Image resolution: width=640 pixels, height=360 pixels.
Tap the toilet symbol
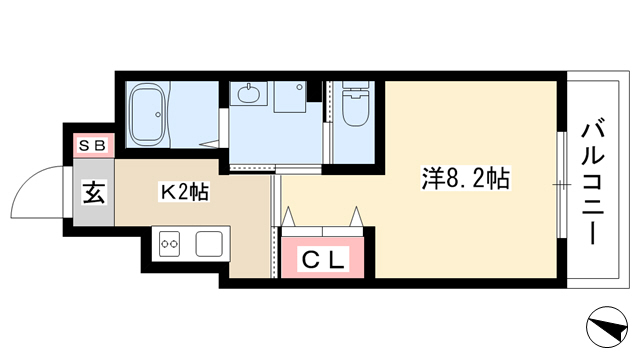click(x=356, y=104)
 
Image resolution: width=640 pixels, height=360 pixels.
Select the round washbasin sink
click(x=249, y=95)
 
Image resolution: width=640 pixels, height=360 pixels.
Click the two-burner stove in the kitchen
click(x=169, y=244)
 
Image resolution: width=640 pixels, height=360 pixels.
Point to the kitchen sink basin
click(x=209, y=244)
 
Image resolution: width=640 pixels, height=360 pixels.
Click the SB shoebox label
click(x=93, y=145)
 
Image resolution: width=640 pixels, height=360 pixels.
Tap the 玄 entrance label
click(x=94, y=192)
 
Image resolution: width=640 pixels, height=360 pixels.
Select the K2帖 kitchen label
click(x=184, y=192)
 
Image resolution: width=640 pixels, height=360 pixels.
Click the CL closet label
click(x=323, y=259)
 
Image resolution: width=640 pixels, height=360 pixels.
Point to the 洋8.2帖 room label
click(x=466, y=179)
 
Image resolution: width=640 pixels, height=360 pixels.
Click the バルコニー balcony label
click(x=593, y=181)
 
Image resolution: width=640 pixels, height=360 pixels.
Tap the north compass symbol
click(x=607, y=327)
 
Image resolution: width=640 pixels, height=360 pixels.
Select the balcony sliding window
click(x=562, y=184)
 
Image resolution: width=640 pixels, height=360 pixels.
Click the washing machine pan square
click(x=290, y=97)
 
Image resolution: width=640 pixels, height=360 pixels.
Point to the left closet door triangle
click(x=289, y=216)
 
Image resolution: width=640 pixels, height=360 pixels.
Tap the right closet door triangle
click(x=356, y=216)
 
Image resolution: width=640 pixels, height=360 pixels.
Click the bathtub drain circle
click(x=158, y=114)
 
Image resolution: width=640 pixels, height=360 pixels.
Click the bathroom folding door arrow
click(x=209, y=144)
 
